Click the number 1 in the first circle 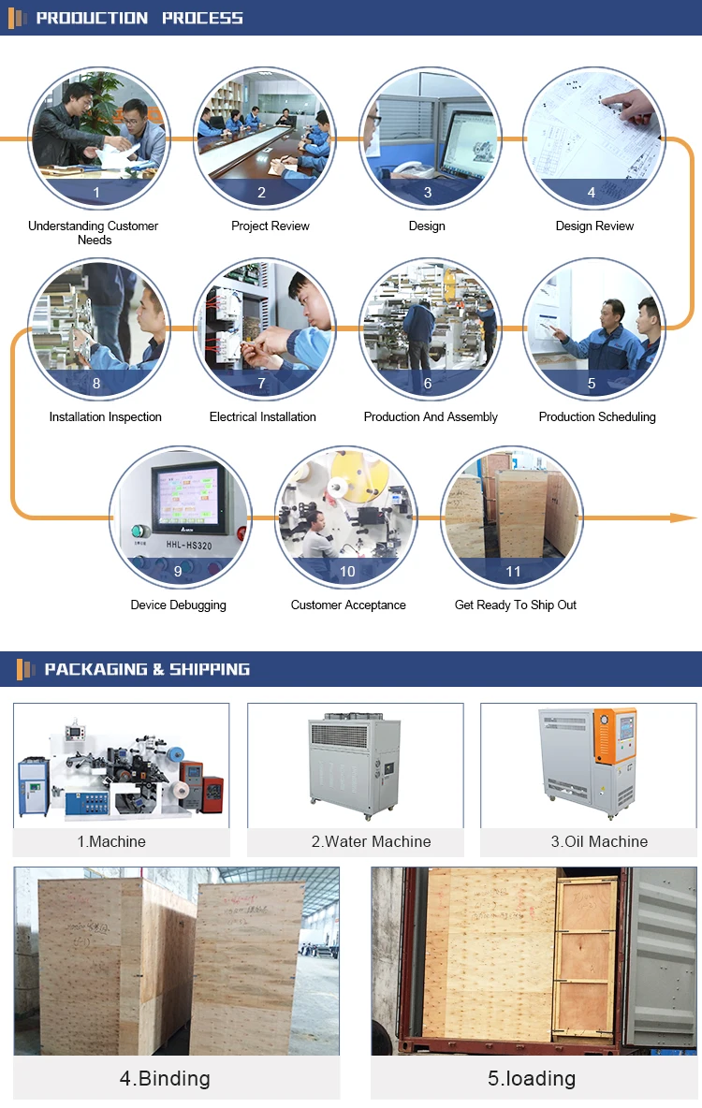(x=96, y=193)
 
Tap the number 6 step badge (x=428, y=383)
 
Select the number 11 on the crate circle (x=513, y=572)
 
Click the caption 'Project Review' (x=271, y=226)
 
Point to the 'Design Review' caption (x=594, y=226)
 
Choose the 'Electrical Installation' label (x=262, y=416)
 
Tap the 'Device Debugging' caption (x=178, y=605)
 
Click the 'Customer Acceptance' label (x=348, y=605)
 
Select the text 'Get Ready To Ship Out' (x=516, y=605)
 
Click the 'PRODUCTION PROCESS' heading (x=139, y=18)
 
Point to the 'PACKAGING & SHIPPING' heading (x=147, y=669)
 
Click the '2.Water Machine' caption (x=372, y=841)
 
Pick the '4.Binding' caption (x=165, y=1078)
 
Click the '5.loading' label (x=532, y=1078)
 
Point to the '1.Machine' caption (x=111, y=841)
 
